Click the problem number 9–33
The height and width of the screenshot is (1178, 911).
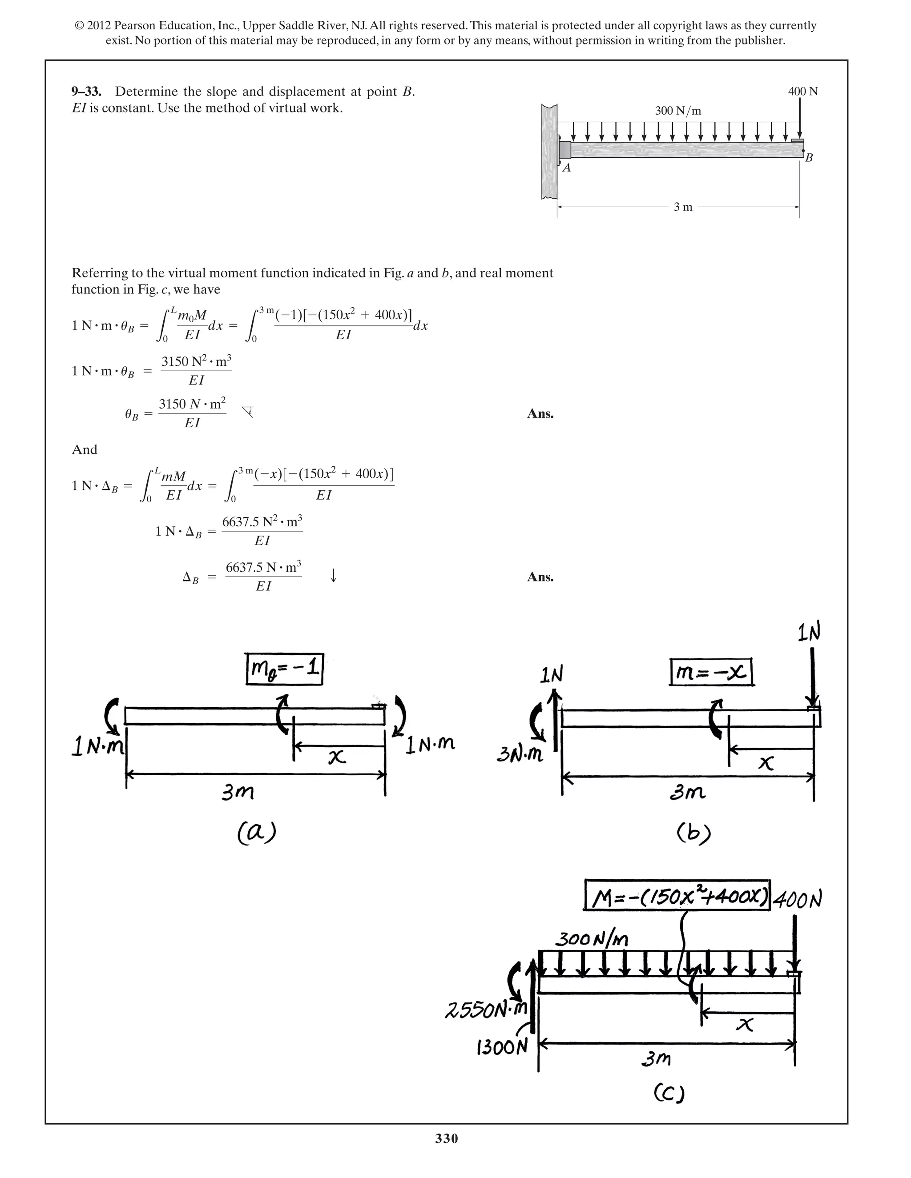click(x=86, y=92)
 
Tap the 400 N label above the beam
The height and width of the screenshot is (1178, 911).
click(x=802, y=91)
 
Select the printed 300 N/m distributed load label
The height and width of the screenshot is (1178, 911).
click(x=678, y=111)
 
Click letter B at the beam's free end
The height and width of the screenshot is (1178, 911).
click(x=808, y=158)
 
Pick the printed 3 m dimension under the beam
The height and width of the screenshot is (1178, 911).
click(x=683, y=207)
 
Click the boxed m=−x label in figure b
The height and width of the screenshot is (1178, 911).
click(x=711, y=672)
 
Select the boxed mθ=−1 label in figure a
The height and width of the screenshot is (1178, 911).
click(x=284, y=669)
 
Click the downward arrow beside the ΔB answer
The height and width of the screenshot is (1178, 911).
click(x=334, y=576)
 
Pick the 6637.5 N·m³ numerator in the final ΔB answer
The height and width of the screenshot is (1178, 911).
click(x=263, y=567)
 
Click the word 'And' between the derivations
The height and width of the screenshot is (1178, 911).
click(x=85, y=450)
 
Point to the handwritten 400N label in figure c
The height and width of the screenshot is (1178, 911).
click(x=798, y=899)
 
